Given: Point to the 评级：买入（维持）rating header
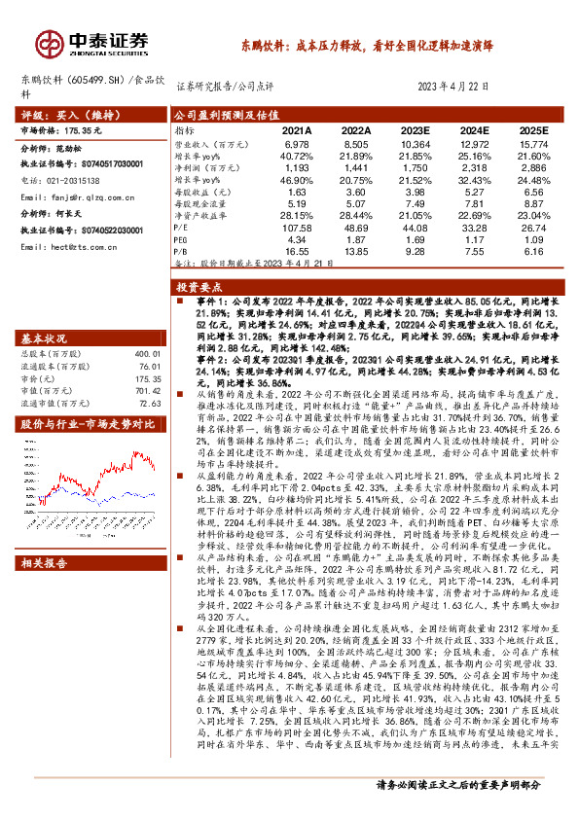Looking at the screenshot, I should point(55,115).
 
